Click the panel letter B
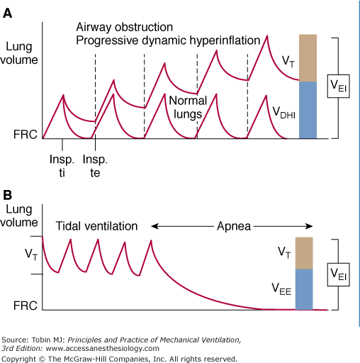pos(9,194)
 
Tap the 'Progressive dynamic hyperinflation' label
pos(168,40)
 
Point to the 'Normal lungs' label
pos(187,107)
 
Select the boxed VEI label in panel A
pos(338,86)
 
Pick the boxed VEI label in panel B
pos(338,273)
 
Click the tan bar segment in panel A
pos(308,57)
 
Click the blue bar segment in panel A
pos(308,109)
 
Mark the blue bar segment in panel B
pos(303,289)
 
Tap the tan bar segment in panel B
pos(303,252)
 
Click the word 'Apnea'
pos(231,225)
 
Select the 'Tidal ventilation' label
pos(96,225)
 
